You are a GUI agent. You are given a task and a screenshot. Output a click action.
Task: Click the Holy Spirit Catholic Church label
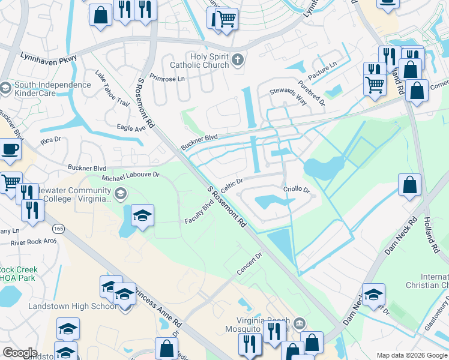(x=199, y=60)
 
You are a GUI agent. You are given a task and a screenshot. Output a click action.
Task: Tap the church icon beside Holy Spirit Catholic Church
(x=238, y=59)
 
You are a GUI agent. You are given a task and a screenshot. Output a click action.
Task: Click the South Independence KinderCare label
(x=53, y=89)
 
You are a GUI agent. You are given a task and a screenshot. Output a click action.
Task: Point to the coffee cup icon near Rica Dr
(x=10, y=149)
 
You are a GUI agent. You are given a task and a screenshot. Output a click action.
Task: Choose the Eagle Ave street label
(x=131, y=128)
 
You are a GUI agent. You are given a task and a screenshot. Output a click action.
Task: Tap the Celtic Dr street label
(x=231, y=185)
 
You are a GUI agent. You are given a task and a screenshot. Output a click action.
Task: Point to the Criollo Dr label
(x=296, y=190)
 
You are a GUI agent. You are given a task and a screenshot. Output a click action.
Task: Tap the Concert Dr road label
(x=250, y=264)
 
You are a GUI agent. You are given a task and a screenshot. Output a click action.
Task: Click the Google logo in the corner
(x=20, y=352)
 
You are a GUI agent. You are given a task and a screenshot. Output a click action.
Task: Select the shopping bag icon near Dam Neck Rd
(x=409, y=185)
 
